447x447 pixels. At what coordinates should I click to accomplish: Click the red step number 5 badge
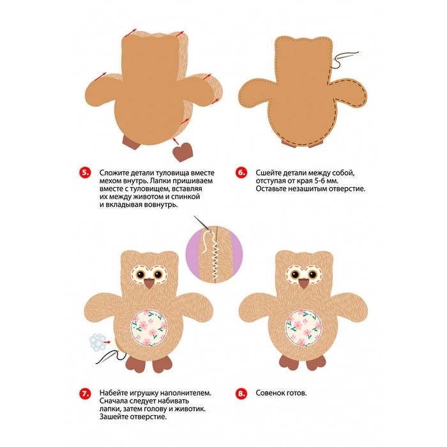85,173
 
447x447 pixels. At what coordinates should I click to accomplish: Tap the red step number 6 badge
241,173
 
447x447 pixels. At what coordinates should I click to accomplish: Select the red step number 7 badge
85,393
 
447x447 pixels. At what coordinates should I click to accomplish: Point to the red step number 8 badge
241,393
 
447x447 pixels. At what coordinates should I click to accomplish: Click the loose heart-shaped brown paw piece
183,152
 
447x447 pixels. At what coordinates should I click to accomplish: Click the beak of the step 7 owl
149,284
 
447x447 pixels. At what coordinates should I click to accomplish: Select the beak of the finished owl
304,284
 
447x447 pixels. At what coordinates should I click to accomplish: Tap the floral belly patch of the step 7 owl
149,328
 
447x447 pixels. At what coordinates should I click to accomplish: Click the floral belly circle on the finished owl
303,328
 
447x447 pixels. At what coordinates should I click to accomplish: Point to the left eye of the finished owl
295,275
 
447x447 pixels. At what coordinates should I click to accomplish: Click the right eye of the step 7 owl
158,275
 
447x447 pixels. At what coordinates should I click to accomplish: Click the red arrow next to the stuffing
107,342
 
